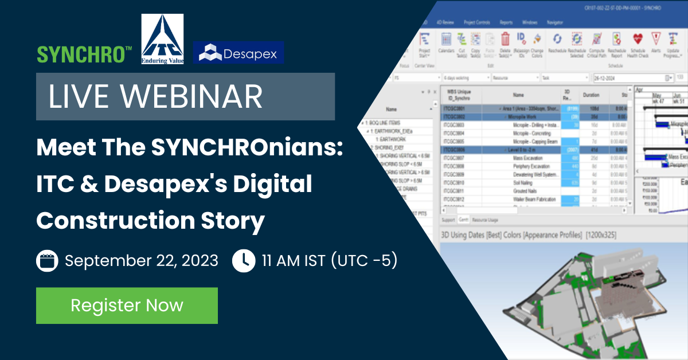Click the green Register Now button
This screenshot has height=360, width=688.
pyautogui.click(x=127, y=306)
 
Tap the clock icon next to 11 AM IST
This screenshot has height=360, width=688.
pyautogui.click(x=244, y=261)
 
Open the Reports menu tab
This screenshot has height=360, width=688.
pyautogui.click(x=506, y=22)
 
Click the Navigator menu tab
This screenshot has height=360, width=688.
pyautogui.click(x=555, y=22)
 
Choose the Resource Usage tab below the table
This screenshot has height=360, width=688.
pyautogui.click(x=484, y=220)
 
